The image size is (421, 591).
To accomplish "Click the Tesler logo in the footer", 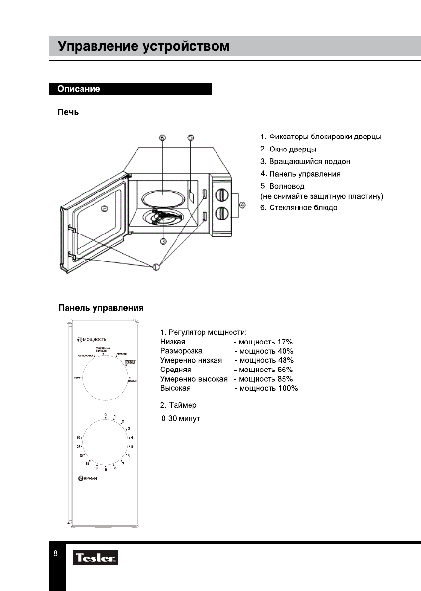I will pyautogui.click(x=95, y=558).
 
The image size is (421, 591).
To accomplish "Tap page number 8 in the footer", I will pyautogui.click(x=56, y=553).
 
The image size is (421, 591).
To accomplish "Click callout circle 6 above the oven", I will pyautogui.click(x=162, y=138).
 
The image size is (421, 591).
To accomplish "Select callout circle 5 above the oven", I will pyautogui.click(x=191, y=138).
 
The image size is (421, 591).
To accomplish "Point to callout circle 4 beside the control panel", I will pyautogui.click(x=242, y=205).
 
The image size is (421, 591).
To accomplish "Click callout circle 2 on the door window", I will pyautogui.click(x=104, y=209).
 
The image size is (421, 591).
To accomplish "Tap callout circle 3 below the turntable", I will pyautogui.click(x=163, y=241).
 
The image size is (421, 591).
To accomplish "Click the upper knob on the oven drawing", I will pyautogui.click(x=221, y=194).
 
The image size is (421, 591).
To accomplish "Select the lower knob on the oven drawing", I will pyautogui.click(x=221, y=212).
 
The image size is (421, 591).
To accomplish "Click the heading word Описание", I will pyautogui.click(x=79, y=89).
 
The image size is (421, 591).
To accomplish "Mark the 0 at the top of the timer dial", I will pyautogui.click(x=105, y=415).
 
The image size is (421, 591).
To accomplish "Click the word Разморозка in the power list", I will pyautogui.click(x=181, y=351).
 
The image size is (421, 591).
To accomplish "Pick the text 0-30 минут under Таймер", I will pyautogui.click(x=180, y=418).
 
